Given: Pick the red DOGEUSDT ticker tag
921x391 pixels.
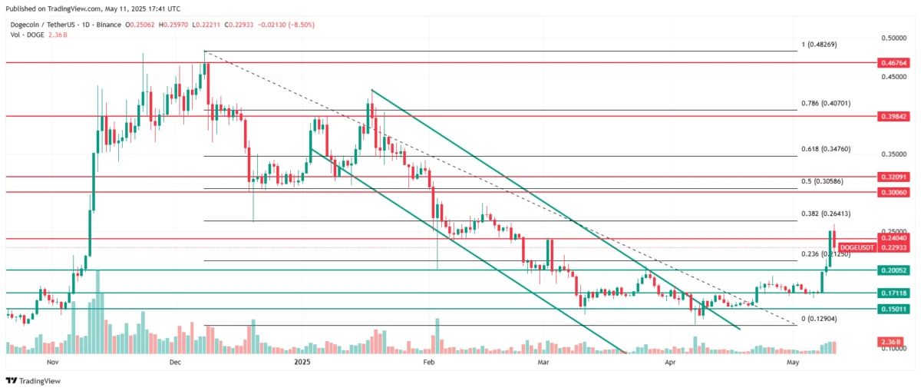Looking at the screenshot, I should [856, 247].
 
